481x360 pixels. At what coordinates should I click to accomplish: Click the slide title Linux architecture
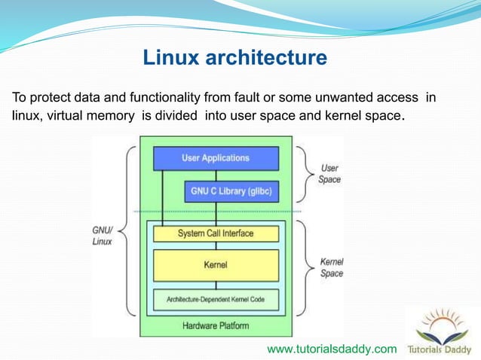[x=234, y=57]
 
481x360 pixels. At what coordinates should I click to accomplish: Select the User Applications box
[x=216, y=158]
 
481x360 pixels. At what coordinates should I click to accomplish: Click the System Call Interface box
[x=216, y=233]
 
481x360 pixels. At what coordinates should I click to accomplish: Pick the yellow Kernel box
[x=216, y=265]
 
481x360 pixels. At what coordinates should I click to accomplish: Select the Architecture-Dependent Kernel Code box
[x=216, y=299]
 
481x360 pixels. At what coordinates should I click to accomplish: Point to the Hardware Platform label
[x=216, y=326]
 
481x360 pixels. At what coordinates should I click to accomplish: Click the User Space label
[x=329, y=174]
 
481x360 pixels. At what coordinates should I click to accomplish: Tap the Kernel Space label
[x=332, y=267]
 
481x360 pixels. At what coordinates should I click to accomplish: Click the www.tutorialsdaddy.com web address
[x=332, y=349]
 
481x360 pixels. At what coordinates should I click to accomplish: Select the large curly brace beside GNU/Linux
[x=130, y=230]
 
